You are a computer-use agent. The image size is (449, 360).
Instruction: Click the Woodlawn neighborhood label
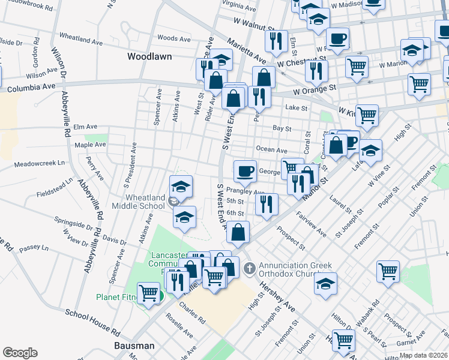click(149, 56)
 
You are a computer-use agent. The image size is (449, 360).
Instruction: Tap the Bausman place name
click(134, 346)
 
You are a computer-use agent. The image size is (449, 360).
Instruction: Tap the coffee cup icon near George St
click(244, 172)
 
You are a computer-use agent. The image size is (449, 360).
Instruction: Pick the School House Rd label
click(92, 320)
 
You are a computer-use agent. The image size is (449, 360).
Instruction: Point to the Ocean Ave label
click(271, 149)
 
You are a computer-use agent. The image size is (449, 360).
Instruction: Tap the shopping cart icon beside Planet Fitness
click(148, 293)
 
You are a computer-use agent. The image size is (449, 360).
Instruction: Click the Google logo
click(20, 353)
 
